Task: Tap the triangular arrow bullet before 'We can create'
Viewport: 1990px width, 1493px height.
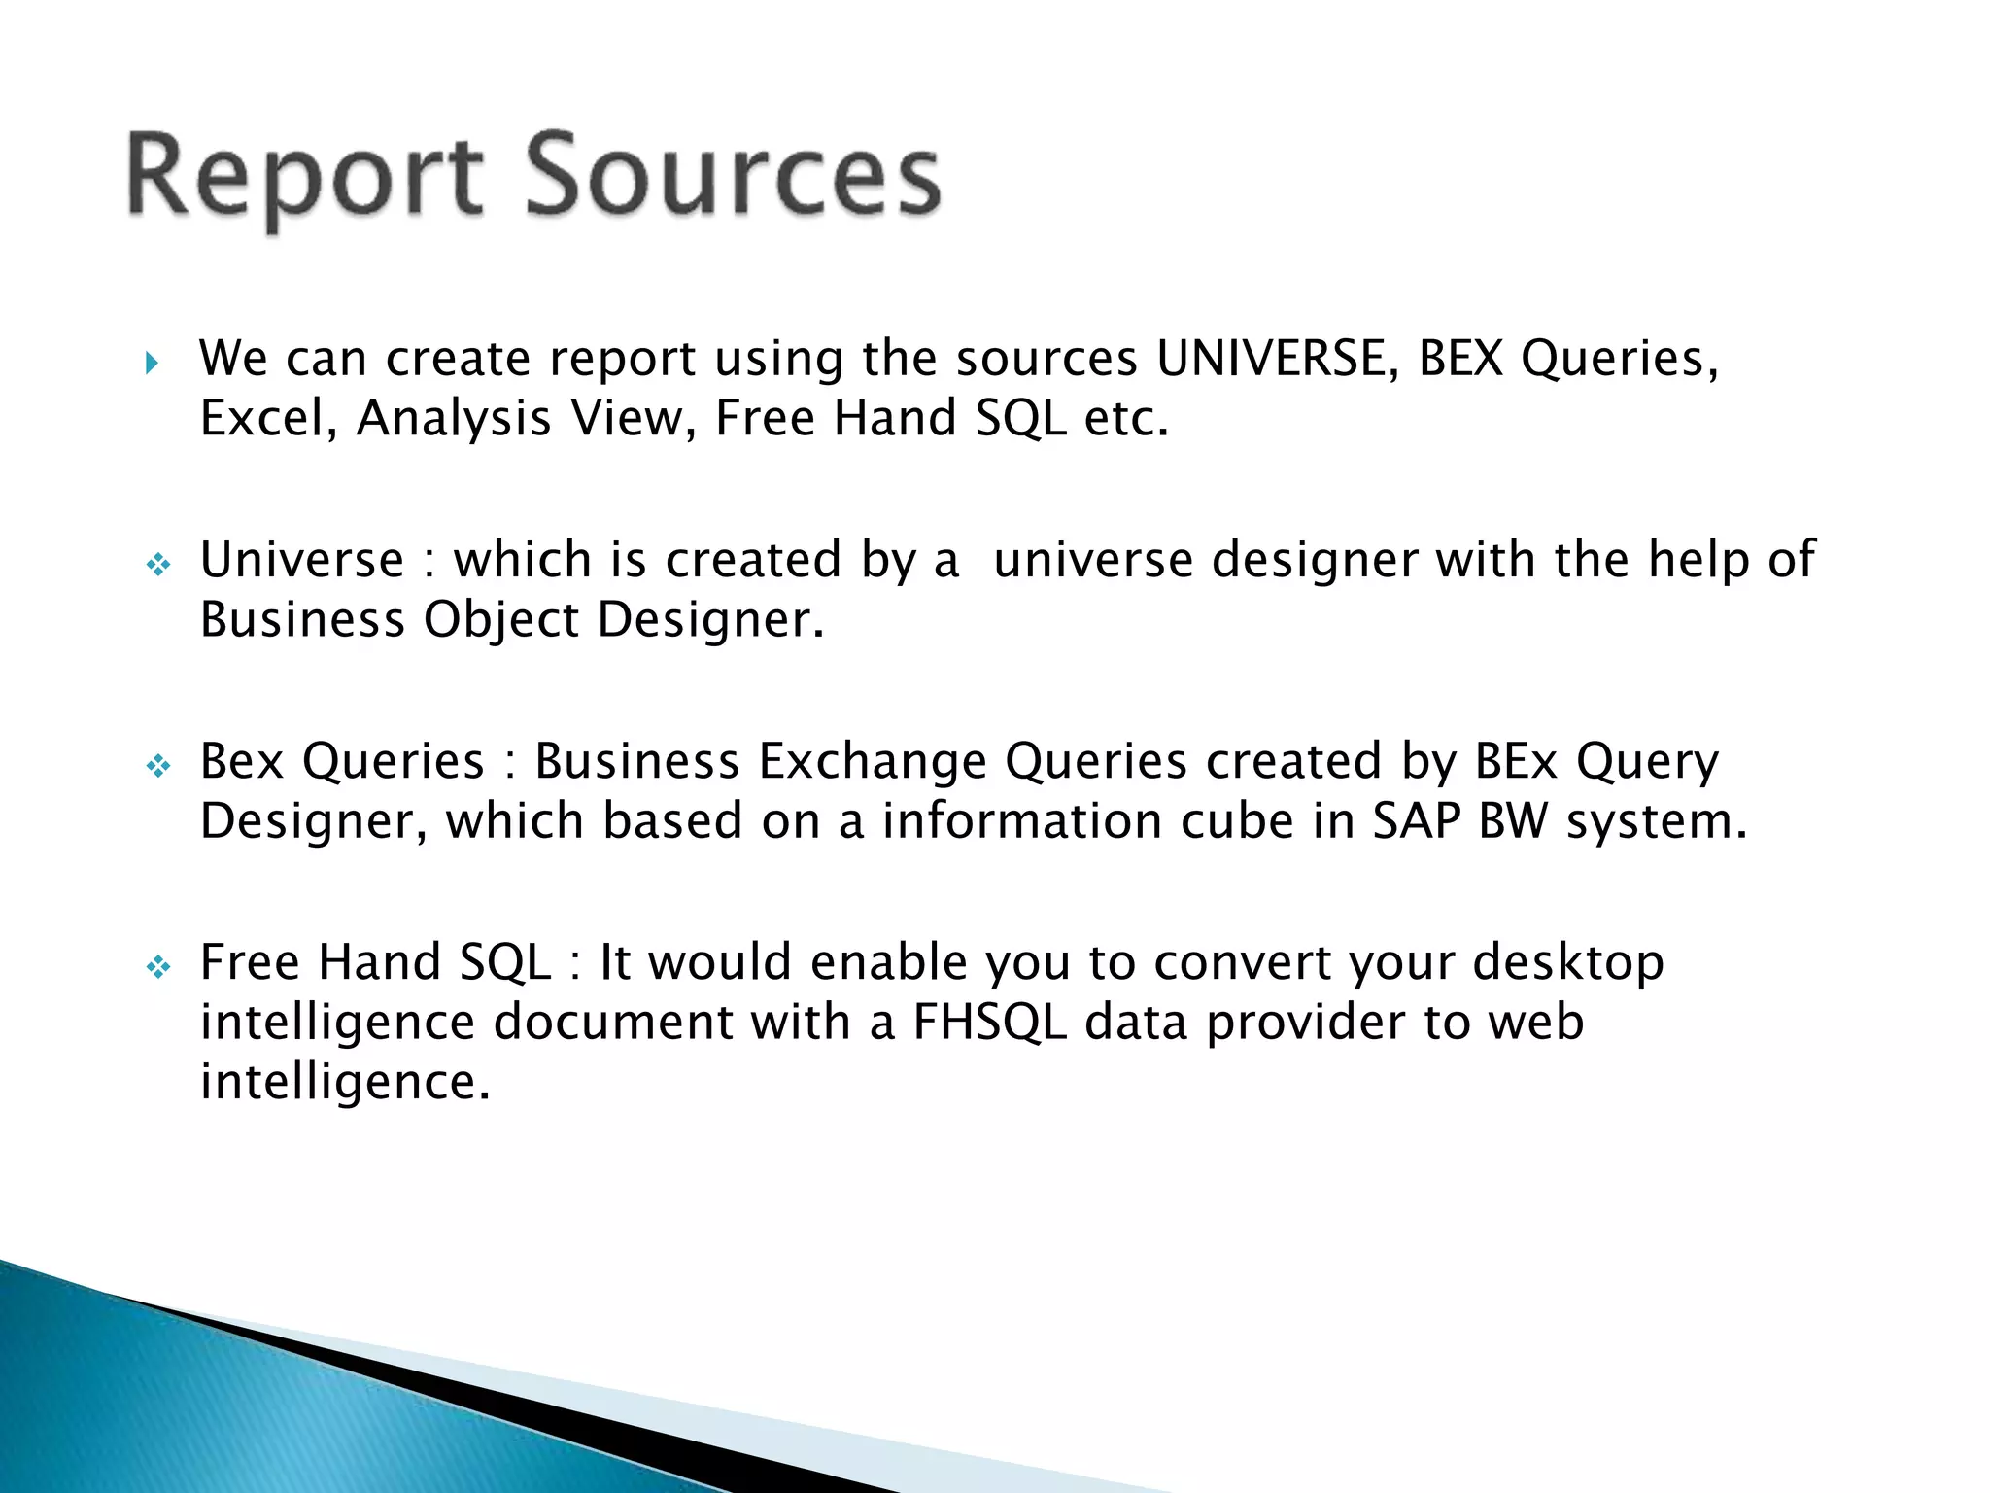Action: point(152,364)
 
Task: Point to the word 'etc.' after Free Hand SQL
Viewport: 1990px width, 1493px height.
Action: point(1126,419)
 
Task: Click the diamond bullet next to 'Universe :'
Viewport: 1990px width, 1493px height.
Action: point(157,564)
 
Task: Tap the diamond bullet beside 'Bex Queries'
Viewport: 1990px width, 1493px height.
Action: point(157,766)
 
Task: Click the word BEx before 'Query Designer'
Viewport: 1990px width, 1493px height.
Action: point(1516,761)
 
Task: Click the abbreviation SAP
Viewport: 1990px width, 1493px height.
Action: point(1417,821)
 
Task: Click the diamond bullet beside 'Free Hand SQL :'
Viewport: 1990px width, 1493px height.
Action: point(157,967)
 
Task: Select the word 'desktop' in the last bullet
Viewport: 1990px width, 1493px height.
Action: point(1567,963)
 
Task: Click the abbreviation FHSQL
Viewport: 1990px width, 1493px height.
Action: point(989,1023)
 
